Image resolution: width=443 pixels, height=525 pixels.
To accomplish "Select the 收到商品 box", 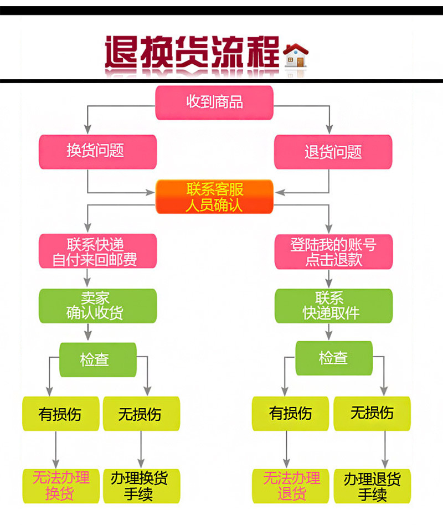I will coord(214,102).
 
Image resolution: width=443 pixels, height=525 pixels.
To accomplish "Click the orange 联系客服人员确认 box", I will coord(214,197).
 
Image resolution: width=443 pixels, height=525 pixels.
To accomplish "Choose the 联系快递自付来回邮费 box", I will coord(97,251).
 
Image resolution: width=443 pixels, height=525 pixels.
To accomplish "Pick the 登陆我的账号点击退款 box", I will coord(333,251).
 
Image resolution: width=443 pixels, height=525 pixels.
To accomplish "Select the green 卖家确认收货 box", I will coord(97,305).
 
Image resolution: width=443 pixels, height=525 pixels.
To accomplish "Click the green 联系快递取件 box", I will coord(333,305).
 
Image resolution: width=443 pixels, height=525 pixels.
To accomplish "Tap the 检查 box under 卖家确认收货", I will coord(97,359).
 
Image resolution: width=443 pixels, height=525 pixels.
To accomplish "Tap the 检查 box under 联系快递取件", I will coord(333,358).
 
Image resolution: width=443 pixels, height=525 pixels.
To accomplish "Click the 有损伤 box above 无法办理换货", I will coord(60,414).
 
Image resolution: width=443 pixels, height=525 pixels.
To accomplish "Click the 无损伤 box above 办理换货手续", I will coord(141,414).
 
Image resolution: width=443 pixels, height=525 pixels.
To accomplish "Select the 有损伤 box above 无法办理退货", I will coord(291,414).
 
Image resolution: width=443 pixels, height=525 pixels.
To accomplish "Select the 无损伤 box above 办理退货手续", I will coord(372,414).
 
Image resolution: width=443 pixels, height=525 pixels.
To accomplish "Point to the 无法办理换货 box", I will coord(60,486).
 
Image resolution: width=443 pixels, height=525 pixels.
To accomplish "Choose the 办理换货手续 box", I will coord(141,486).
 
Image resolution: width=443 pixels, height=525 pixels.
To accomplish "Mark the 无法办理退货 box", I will coord(291,486).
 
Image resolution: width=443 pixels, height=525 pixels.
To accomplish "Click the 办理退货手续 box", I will coord(372,486).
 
